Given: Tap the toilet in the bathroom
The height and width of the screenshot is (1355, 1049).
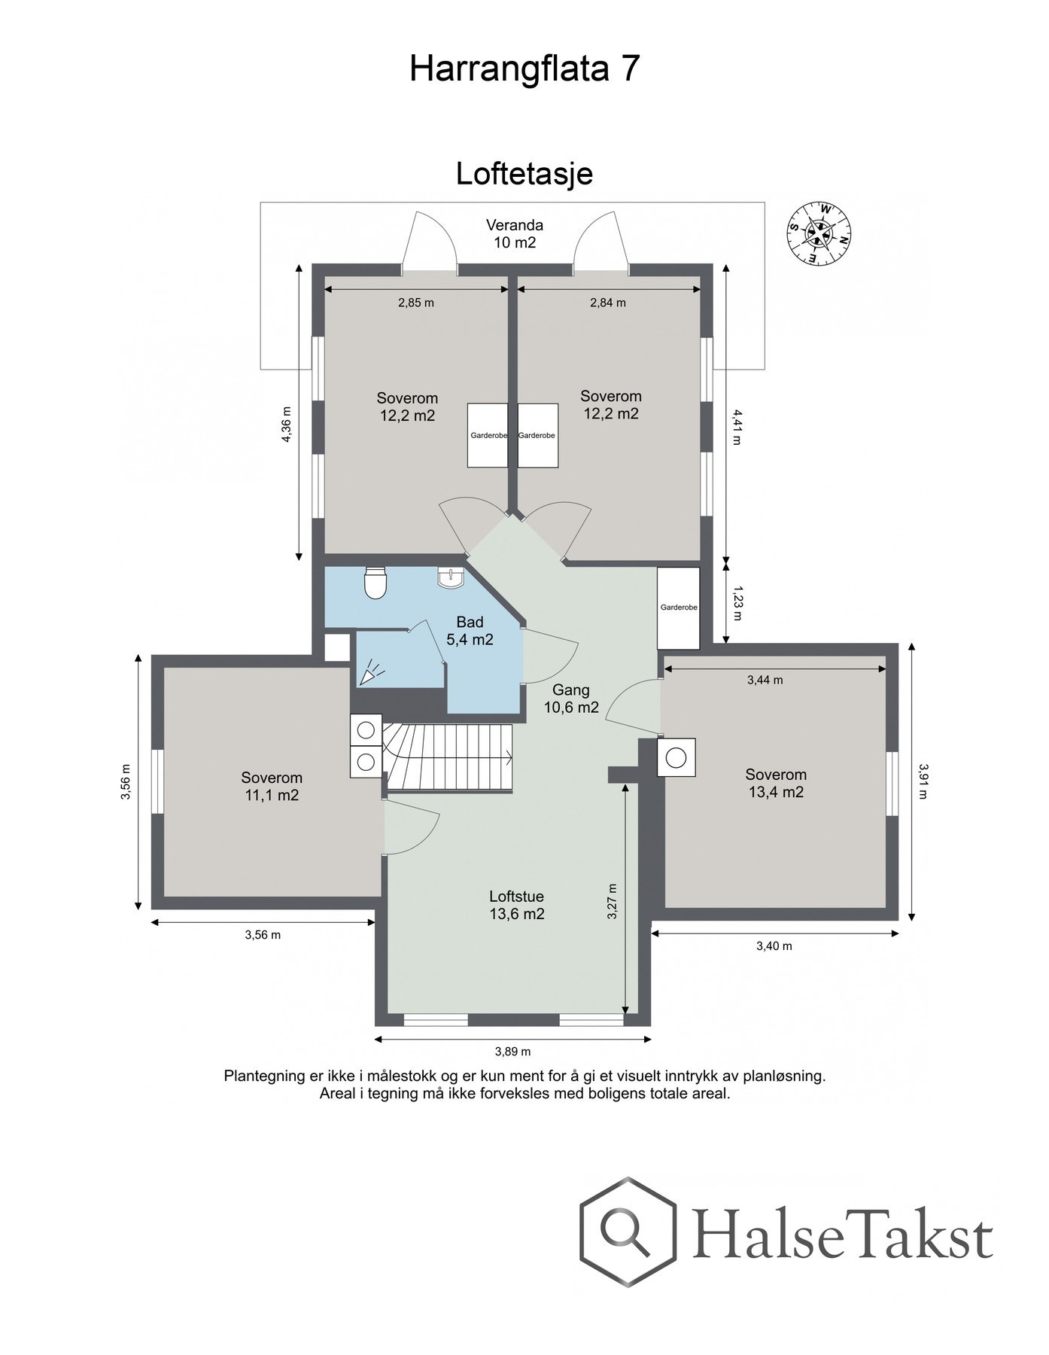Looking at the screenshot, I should pyautogui.click(x=375, y=582).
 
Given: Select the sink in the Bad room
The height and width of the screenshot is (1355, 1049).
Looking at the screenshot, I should pyautogui.click(x=451, y=578).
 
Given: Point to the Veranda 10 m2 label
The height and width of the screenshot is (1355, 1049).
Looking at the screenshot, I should pyautogui.click(x=514, y=233).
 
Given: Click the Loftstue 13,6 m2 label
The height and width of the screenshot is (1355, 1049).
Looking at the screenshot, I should pyautogui.click(x=516, y=906).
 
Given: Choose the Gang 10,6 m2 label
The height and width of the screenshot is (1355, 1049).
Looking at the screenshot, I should pyautogui.click(x=571, y=698).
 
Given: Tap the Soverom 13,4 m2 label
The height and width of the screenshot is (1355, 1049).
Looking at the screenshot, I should pyautogui.click(x=776, y=783).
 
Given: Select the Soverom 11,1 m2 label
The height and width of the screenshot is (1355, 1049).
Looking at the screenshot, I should pyautogui.click(x=272, y=786).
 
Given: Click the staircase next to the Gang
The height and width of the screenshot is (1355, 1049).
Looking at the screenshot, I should pyautogui.click(x=449, y=757).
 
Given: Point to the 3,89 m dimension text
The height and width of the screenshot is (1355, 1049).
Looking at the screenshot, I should pyautogui.click(x=512, y=1052).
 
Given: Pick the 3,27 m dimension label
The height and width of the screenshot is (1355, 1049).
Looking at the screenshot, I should pyautogui.click(x=613, y=901).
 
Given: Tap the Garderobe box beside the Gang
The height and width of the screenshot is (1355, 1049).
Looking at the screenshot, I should pyautogui.click(x=679, y=608).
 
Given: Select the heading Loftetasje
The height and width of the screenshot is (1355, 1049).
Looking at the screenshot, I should pyautogui.click(x=524, y=174).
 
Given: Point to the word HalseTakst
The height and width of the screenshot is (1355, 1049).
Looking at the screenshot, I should pyautogui.click(x=842, y=1235).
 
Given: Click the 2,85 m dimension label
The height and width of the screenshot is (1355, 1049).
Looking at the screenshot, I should pyautogui.click(x=416, y=303).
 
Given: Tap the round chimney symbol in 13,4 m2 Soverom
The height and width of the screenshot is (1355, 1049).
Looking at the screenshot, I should pyautogui.click(x=677, y=757).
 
